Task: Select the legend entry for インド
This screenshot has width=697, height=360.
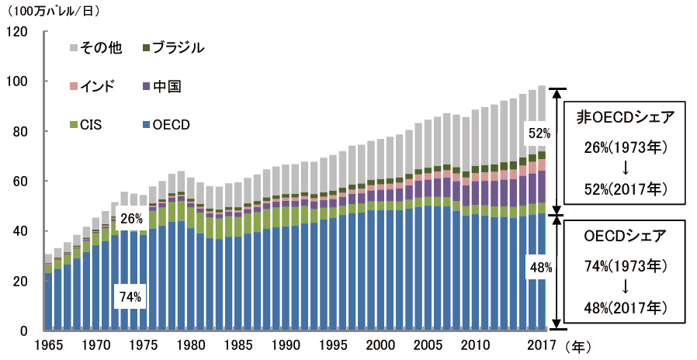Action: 93,86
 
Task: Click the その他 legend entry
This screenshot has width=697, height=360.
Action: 98,48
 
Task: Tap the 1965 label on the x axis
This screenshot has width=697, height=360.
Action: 48,344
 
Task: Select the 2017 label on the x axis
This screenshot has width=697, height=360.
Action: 540,344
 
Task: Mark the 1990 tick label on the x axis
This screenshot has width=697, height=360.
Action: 286,344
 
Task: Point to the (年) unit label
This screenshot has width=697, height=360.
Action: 578,344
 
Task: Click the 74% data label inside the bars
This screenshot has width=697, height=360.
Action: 130,296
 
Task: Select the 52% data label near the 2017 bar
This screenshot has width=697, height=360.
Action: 539,133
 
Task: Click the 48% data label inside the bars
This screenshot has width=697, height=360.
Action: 539,268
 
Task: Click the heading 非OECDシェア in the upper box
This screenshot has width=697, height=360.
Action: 625,117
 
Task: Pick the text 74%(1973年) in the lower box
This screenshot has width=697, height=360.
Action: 625,266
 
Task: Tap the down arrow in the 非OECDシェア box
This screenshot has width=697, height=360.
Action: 625,168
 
